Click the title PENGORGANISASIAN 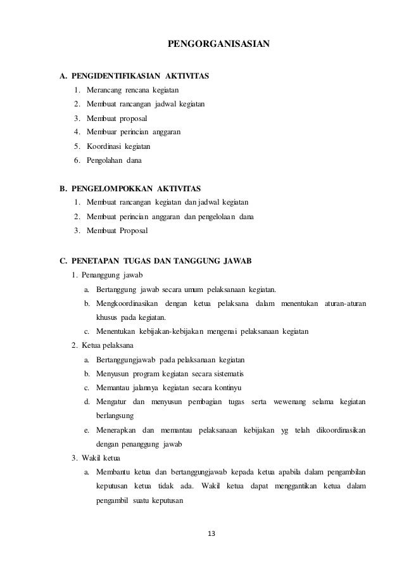click(218, 44)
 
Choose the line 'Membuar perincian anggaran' click(134, 132)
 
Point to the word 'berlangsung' click(114, 416)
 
